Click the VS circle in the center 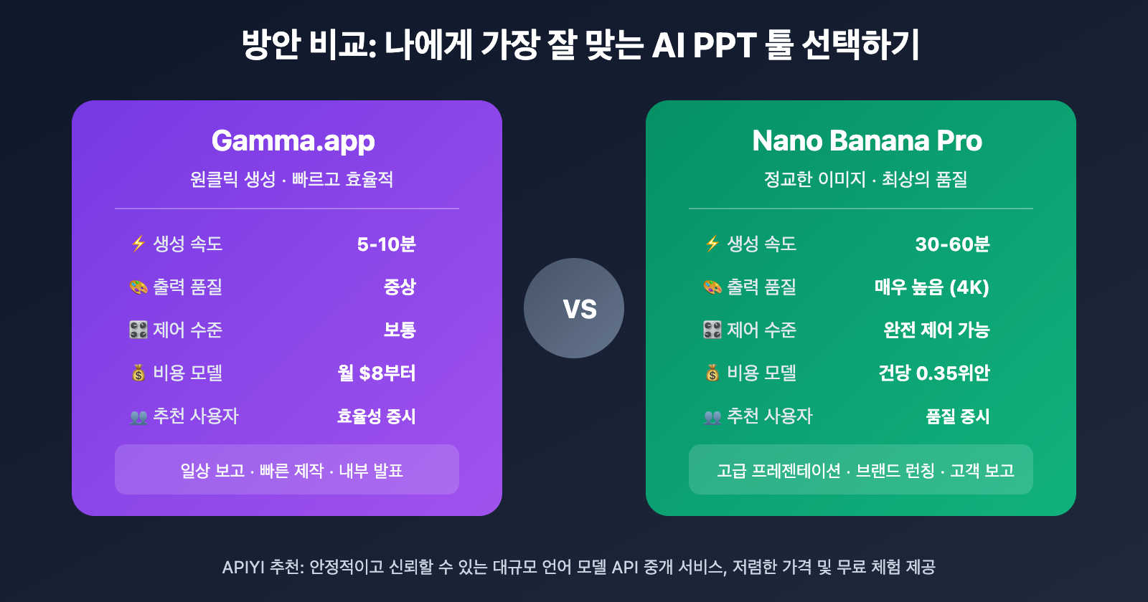[574, 308]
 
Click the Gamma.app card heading [293, 141]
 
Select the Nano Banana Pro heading [867, 141]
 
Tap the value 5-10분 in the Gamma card [386, 244]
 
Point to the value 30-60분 [952, 244]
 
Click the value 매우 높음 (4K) [931, 287]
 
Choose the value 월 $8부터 [377, 373]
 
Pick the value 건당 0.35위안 [933, 373]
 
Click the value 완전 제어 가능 [936, 330]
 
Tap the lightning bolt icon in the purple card [138, 244]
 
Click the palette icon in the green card [712, 287]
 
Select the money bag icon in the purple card [138, 373]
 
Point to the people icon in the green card [712, 417]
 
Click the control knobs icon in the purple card [138, 330]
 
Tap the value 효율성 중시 [377, 416]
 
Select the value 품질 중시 [957, 416]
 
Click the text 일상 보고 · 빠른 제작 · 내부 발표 [291, 471]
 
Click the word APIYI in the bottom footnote [243, 568]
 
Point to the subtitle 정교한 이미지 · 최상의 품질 [865, 179]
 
